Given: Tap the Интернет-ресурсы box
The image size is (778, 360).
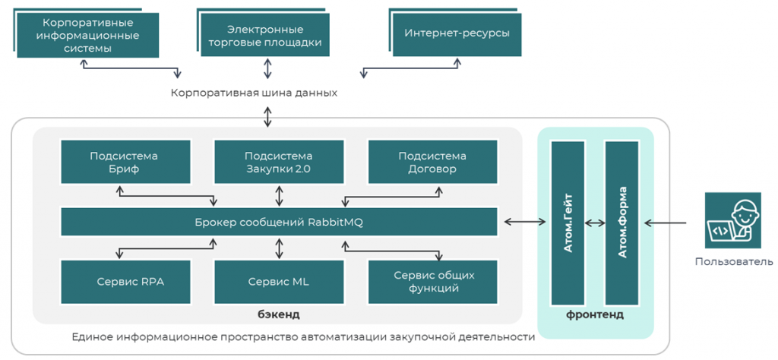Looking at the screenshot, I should [457, 33].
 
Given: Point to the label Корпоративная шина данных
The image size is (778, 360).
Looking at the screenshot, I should [254, 93].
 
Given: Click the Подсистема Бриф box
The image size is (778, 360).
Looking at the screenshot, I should [124, 163].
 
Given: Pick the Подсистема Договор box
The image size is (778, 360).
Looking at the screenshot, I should [432, 163].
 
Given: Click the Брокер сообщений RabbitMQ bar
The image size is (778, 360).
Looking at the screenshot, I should [279, 222].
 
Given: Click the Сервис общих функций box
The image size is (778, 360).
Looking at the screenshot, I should [432, 281].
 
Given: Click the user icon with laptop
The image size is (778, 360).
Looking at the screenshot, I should [732, 220].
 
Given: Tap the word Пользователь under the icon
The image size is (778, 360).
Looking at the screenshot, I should [734, 262].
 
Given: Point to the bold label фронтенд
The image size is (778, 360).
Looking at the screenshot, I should [595, 314].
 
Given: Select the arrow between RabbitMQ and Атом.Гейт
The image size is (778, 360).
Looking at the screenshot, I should [525, 222].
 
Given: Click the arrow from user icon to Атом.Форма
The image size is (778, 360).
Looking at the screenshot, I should [666, 223].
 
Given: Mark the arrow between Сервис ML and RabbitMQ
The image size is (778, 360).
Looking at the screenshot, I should [279, 248].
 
